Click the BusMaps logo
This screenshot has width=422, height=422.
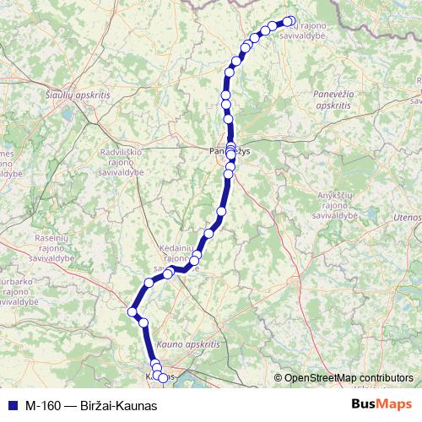coord(382,404)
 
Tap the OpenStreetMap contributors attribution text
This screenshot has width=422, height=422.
coord(349,377)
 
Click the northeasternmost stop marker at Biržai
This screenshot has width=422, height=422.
coord(290,21)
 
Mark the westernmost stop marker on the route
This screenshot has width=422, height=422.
coord(132,312)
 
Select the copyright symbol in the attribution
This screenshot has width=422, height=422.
coord(279,378)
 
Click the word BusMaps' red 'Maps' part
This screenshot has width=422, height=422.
coord(396,404)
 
